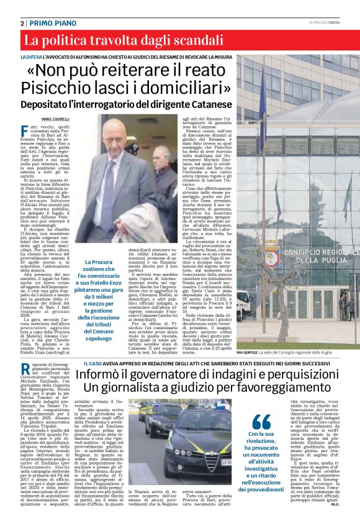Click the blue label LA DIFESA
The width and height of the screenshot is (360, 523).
pyautogui.click(x=32, y=57)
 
